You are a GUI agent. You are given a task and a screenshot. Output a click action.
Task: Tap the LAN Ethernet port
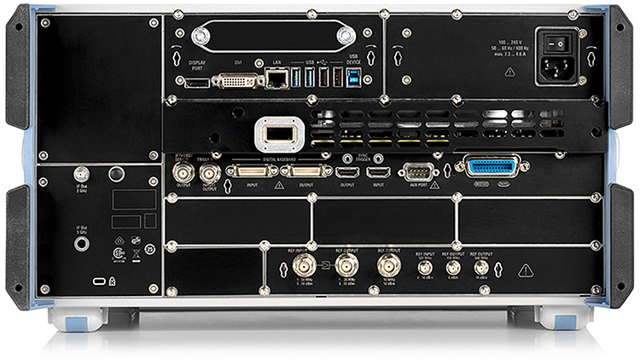(276, 79)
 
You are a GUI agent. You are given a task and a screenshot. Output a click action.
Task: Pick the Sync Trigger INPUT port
(378, 171)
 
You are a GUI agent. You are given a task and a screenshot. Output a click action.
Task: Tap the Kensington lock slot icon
(99, 281)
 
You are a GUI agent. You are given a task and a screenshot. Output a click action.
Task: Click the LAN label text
(276, 63)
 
